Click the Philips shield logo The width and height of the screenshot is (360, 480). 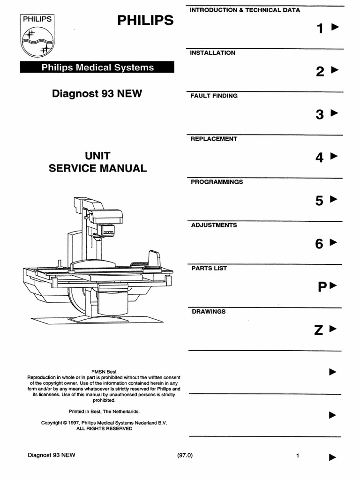point(37,36)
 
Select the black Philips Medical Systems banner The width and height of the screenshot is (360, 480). point(97,67)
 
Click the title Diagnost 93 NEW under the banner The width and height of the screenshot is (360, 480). point(97,93)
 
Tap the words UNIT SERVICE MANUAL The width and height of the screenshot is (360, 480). point(97,162)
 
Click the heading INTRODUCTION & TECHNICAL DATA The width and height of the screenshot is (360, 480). point(245,10)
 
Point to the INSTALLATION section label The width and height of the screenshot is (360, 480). point(212,53)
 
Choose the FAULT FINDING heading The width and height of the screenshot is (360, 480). point(214,96)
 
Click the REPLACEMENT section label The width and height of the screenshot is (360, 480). point(214,139)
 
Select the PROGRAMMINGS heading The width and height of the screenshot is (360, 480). point(217,182)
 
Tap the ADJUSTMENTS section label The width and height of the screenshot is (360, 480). point(214,225)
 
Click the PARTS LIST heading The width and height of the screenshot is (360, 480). point(209,268)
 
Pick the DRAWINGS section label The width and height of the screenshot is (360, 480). point(209,311)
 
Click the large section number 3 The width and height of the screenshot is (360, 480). point(320,114)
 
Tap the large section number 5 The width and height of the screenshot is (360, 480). point(319,201)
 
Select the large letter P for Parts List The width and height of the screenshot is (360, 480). point(322,287)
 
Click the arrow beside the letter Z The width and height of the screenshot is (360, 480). point(333,329)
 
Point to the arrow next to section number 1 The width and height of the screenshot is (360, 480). point(336,27)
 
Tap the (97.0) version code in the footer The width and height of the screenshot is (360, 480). point(185,455)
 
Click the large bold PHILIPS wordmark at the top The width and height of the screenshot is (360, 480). point(145,20)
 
